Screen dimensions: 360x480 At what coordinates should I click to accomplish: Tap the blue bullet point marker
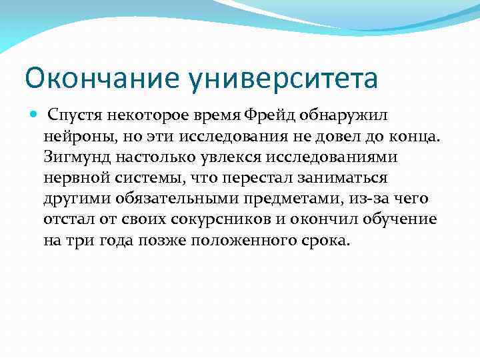coord(35,115)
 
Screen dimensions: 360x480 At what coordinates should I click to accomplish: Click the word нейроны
coord(74,137)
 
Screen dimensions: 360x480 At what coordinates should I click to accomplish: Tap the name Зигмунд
coord(74,157)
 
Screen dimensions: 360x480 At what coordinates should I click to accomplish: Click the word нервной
coord(73,178)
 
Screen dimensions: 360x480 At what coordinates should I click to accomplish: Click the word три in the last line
coord(79,240)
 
